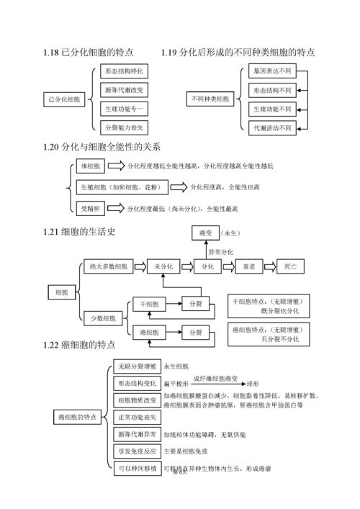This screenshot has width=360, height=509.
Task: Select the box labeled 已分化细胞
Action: [65, 98]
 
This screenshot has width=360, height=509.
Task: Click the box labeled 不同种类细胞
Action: [210, 98]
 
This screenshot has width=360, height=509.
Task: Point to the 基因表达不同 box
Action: [272, 72]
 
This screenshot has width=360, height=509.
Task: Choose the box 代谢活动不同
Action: [272, 127]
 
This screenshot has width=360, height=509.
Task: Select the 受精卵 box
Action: [91, 208]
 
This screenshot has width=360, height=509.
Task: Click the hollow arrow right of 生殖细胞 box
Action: [180, 187]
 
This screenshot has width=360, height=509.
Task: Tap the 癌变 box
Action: [204, 234]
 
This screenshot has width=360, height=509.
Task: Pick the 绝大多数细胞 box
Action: [106, 266]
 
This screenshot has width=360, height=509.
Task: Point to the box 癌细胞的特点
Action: [77, 417]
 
